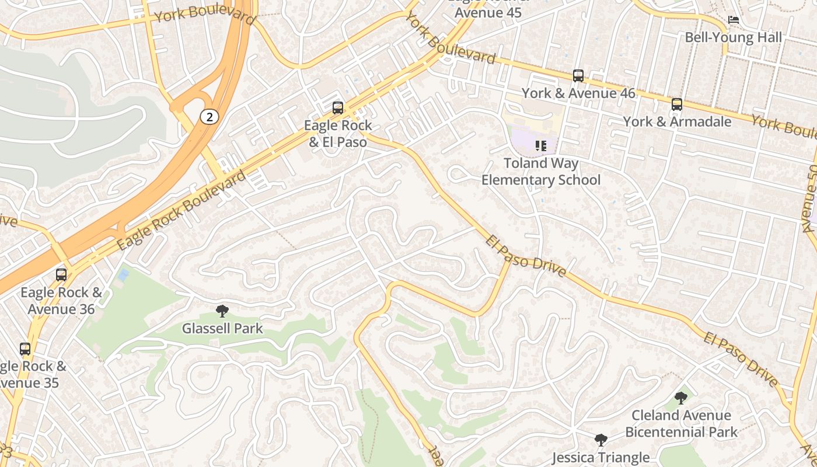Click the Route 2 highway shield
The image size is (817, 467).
(x=209, y=117)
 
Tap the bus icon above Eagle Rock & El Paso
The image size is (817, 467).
(x=337, y=108)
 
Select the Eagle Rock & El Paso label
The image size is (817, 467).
(x=338, y=134)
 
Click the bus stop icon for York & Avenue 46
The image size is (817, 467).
(x=578, y=76)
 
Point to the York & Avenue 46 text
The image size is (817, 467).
(x=578, y=93)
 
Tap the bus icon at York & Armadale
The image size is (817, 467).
(x=676, y=104)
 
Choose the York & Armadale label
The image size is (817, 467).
(x=677, y=121)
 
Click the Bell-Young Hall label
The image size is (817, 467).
(x=733, y=37)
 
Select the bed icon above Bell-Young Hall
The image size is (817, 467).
(x=734, y=20)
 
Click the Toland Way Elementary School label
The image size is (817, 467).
(x=540, y=172)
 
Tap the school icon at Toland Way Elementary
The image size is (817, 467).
(x=540, y=145)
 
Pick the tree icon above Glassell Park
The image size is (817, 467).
(x=222, y=311)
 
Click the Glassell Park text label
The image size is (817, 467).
(x=222, y=329)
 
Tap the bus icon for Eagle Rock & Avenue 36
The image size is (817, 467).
(x=61, y=275)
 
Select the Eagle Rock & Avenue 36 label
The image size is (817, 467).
(x=61, y=301)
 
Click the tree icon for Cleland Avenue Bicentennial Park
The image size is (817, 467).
(x=680, y=398)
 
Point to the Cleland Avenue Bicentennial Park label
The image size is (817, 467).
(x=682, y=424)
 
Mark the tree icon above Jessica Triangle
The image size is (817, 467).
(x=600, y=440)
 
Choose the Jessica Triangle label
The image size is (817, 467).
(x=600, y=457)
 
